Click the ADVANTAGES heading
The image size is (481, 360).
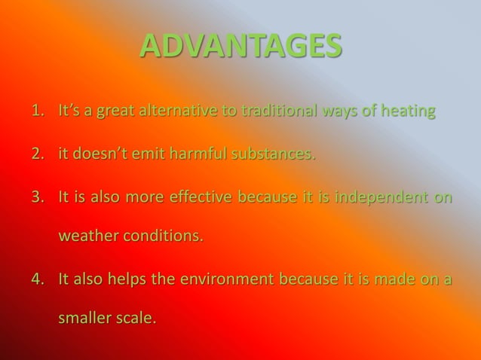point(240,46)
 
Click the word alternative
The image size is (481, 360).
point(181,111)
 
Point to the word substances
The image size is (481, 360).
point(273,154)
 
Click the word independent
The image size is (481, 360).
point(380,197)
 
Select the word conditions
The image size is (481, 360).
point(164,236)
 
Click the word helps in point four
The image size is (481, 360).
point(127,279)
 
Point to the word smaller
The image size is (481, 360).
point(85,318)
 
